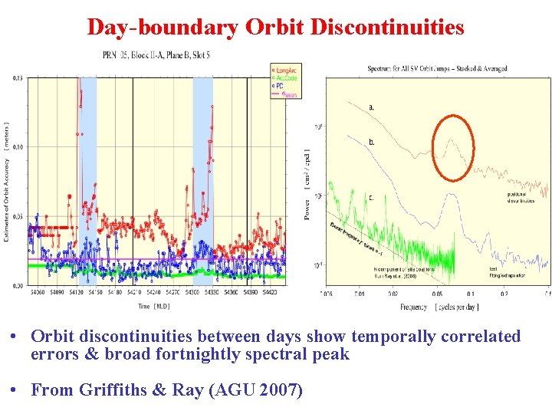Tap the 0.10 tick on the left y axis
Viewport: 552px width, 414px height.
pyautogui.click(x=18, y=146)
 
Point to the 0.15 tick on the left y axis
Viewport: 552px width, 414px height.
pyautogui.click(x=18, y=77)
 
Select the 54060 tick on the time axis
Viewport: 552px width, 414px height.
pyautogui.click(x=36, y=292)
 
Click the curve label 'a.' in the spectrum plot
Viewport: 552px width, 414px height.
pyautogui.click(x=372, y=107)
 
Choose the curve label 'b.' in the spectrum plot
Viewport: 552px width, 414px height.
pyautogui.click(x=372, y=142)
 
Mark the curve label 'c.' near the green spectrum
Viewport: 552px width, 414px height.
pyautogui.click(x=372, y=198)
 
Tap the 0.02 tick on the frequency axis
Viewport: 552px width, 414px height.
pyautogui.click(x=393, y=293)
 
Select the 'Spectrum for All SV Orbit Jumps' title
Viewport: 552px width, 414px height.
pyautogui.click(x=437, y=68)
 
